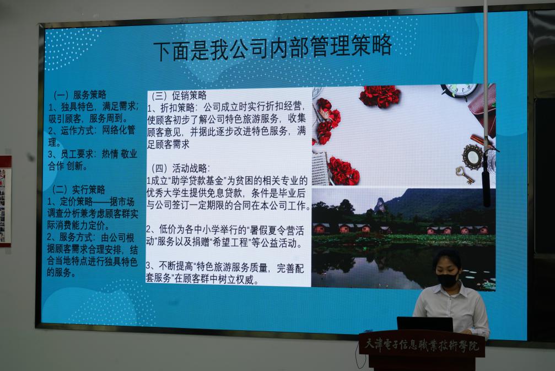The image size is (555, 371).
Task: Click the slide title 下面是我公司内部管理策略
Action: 273,47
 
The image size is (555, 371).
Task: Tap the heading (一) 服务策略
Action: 79,95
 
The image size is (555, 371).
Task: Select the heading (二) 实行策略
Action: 79,189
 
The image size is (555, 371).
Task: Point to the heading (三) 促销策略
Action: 179,96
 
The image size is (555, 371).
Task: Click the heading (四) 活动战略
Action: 181,168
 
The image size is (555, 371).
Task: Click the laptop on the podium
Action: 425,324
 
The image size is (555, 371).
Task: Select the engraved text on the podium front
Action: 421,344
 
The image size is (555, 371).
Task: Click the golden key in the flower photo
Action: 465,175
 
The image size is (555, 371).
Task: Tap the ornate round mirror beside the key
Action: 472,157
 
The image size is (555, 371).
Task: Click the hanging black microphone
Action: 486,188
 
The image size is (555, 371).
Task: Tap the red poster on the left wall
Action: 5,201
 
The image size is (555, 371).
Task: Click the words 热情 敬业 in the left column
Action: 119,154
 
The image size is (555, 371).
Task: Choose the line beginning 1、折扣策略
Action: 226,107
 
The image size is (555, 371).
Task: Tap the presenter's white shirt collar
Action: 448,289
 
